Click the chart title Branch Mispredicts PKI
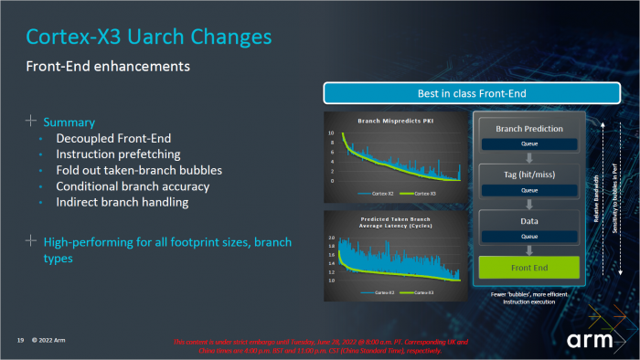point(394,121)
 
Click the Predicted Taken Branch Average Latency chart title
point(394,226)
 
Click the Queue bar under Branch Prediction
point(529,144)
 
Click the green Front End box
point(529,268)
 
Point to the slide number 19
point(19,340)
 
